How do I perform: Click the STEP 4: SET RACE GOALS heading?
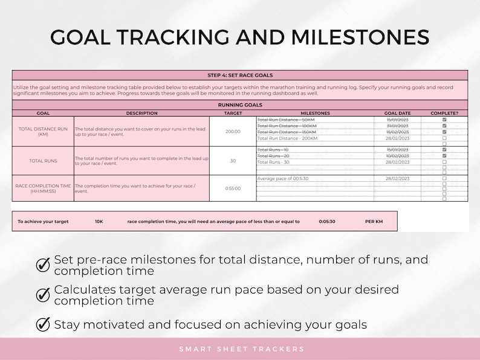pos(240,76)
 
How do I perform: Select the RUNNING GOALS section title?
pos(240,105)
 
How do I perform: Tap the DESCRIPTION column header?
pos(141,113)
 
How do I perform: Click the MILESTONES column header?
pos(315,113)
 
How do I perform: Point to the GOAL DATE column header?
pos(397,113)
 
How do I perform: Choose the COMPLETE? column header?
pos(444,113)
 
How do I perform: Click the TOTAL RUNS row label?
pos(43,161)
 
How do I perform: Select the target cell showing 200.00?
pos(233,131)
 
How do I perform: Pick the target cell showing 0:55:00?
pos(233,188)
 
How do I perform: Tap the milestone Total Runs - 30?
pos(273,162)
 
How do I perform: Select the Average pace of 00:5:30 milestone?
pos(283,179)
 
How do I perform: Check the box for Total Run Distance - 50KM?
pos(444,120)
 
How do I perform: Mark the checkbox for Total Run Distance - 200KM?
pos(444,138)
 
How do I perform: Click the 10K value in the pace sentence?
pos(99,222)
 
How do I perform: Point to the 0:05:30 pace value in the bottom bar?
pos(327,222)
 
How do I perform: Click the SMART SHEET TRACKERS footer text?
pos(241,349)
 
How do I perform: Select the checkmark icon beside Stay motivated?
pos(44,324)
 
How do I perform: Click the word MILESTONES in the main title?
pos(360,37)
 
